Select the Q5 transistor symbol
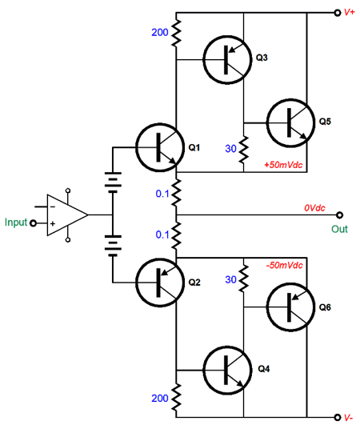click(290, 123)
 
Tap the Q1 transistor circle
click(160, 148)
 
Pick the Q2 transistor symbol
click(160, 283)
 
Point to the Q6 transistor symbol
click(290, 307)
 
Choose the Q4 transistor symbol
click(227, 370)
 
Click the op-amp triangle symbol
click(67, 215)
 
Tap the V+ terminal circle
click(338, 13)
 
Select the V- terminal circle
click(338, 417)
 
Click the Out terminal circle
click(339, 215)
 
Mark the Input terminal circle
click(33, 223)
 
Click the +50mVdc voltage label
click(283, 165)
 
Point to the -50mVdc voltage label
click(285, 265)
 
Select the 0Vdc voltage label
click(314, 208)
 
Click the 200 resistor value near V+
click(160, 32)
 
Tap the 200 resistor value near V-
click(160, 398)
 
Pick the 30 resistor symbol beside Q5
click(243, 150)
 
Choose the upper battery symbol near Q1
click(113, 182)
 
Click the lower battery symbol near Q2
click(113, 246)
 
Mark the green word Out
click(339, 229)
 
